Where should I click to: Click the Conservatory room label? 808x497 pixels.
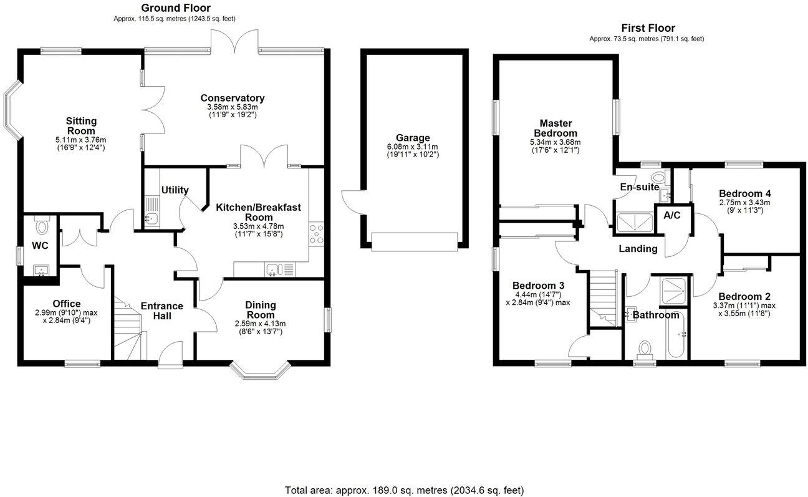(x=232, y=98)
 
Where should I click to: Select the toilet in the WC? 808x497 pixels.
(x=42, y=224)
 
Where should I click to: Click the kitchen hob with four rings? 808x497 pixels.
(x=317, y=233)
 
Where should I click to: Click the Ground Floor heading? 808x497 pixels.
(x=175, y=8)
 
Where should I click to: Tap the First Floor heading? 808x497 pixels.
(x=648, y=28)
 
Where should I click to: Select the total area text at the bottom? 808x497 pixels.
(x=404, y=490)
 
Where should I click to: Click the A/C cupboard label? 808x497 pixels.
(x=671, y=216)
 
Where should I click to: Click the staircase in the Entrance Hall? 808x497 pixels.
(x=128, y=327)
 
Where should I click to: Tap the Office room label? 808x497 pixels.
(x=66, y=304)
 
